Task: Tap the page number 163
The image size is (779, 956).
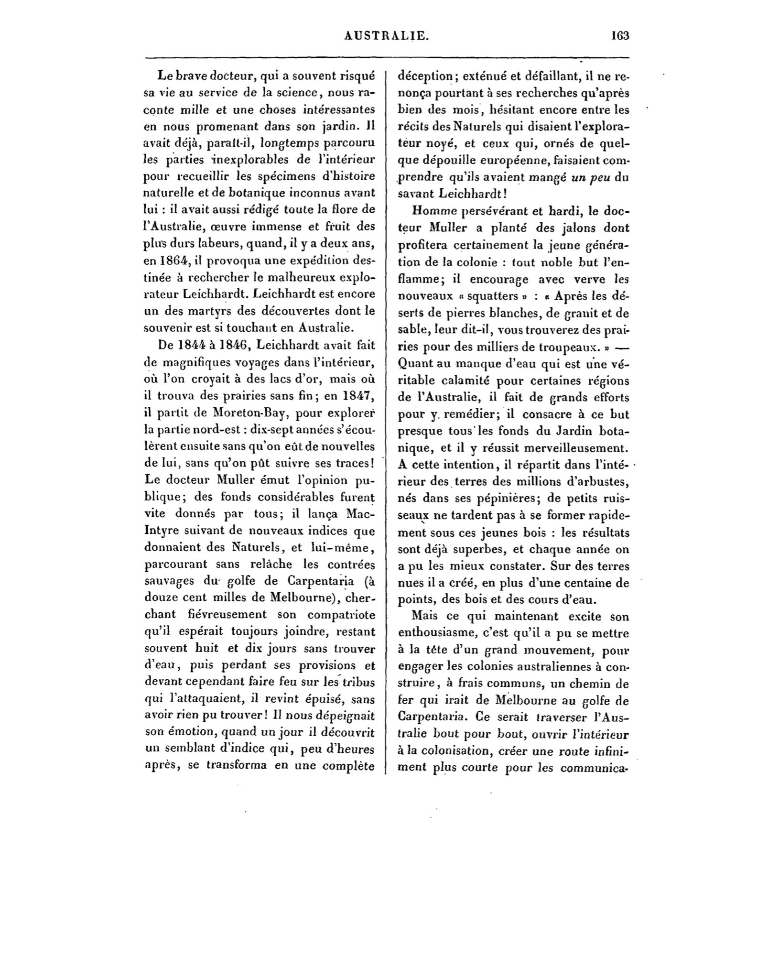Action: pos(620,36)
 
